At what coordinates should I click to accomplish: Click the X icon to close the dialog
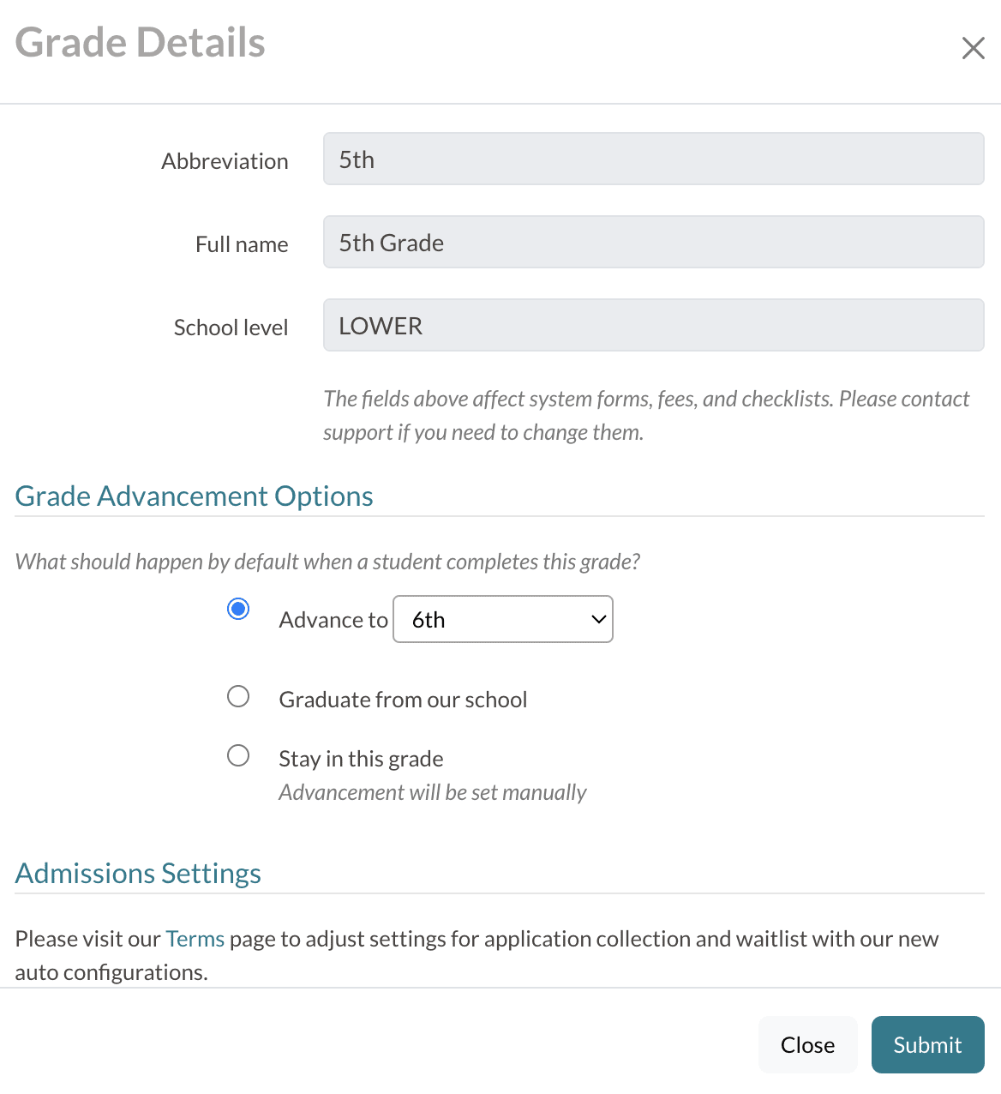[973, 48]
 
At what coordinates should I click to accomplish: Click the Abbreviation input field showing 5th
[653, 159]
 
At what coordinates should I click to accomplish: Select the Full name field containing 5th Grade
[653, 243]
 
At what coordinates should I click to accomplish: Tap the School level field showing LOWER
[653, 326]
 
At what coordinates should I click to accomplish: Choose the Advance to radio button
[238, 610]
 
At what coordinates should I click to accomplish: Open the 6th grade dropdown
[502, 619]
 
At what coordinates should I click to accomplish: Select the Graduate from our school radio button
[238, 696]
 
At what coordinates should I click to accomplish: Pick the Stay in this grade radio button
[238, 755]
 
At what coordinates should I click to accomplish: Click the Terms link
[195, 939]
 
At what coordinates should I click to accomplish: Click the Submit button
[927, 1044]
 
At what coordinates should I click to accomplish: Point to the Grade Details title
[141, 43]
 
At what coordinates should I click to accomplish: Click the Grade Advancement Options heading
[195, 496]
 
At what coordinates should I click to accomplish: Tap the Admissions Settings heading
[138, 874]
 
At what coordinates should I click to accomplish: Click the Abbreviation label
[225, 161]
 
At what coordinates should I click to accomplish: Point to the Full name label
[242, 244]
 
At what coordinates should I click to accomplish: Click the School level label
[231, 328]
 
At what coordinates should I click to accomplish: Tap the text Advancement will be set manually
[433, 792]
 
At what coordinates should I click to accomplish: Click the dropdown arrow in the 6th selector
[599, 619]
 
